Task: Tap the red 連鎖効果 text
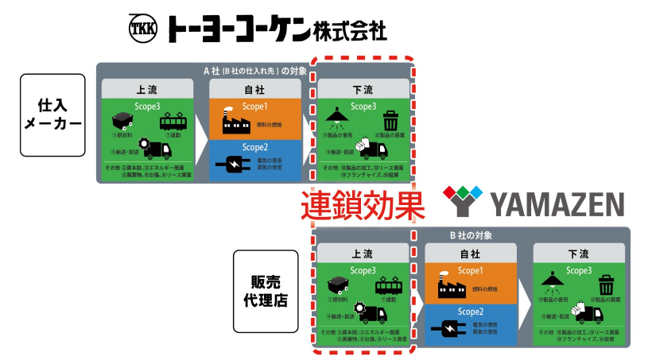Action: click(360, 206)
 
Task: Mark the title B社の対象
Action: click(472, 235)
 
